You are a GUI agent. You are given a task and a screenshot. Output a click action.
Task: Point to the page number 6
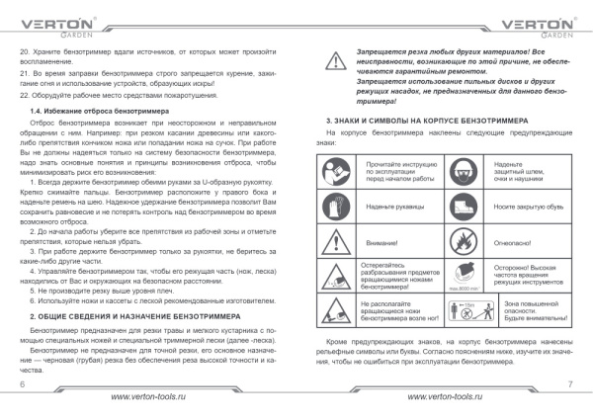[x=22, y=381]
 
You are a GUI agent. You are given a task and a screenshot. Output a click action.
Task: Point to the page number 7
[x=570, y=381]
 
